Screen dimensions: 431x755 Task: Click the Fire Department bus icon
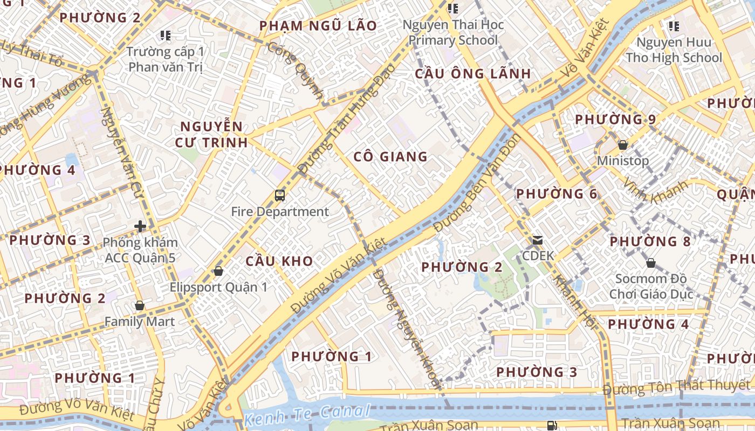279,196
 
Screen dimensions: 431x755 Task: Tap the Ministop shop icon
623,145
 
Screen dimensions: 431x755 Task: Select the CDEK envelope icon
538,240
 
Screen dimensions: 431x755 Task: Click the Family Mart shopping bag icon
140,306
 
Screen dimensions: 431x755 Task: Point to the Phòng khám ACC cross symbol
140,226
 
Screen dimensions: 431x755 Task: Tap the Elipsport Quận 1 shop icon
218,270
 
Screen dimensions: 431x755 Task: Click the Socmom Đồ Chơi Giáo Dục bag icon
651,263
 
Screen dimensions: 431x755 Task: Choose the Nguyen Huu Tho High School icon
674,26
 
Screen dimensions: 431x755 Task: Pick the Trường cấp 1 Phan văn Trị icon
166,36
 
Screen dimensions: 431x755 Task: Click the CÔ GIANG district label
390,157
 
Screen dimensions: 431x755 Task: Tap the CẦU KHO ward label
279,261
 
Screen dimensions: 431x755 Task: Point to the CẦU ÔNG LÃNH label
472,74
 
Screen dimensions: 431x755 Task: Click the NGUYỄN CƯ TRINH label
211,135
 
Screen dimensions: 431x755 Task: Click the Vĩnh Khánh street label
655,191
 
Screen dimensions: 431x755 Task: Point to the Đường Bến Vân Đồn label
477,183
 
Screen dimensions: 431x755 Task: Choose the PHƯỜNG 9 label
615,120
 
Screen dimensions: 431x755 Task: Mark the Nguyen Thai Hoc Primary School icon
453,9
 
